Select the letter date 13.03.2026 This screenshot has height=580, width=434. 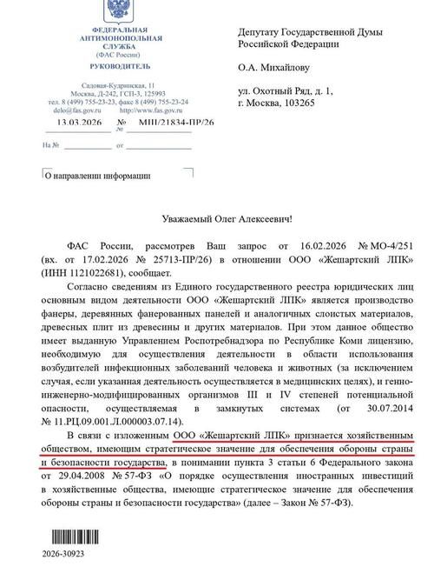pyautogui.click(x=76, y=123)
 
